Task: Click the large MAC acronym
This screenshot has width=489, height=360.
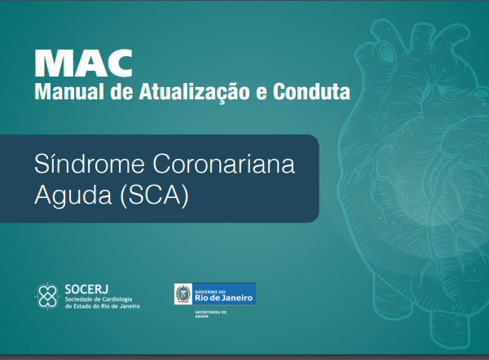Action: coord(84,64)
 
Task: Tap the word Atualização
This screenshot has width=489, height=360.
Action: coord(194,93)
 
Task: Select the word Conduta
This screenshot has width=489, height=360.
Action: coord(311,92)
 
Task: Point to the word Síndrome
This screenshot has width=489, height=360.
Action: coord(90,164)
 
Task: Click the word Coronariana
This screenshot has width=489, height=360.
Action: coord(223,164)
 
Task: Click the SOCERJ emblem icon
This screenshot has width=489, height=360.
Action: coord(47,296)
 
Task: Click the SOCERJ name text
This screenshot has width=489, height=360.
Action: coord(86,290)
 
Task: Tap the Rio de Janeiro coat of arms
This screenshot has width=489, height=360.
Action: coord(183,294)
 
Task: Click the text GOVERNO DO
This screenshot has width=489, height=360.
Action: coord(210,292)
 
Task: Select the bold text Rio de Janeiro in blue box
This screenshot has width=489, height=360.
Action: coord(223,298)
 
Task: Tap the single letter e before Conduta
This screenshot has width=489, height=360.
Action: coord(262,93)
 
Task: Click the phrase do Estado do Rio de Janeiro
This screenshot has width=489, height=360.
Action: coord(103,306)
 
